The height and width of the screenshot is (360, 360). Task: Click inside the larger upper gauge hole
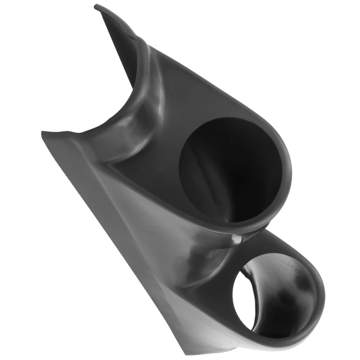tap(229, 171)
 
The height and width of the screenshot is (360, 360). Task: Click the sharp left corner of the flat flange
tap(42, 133)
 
